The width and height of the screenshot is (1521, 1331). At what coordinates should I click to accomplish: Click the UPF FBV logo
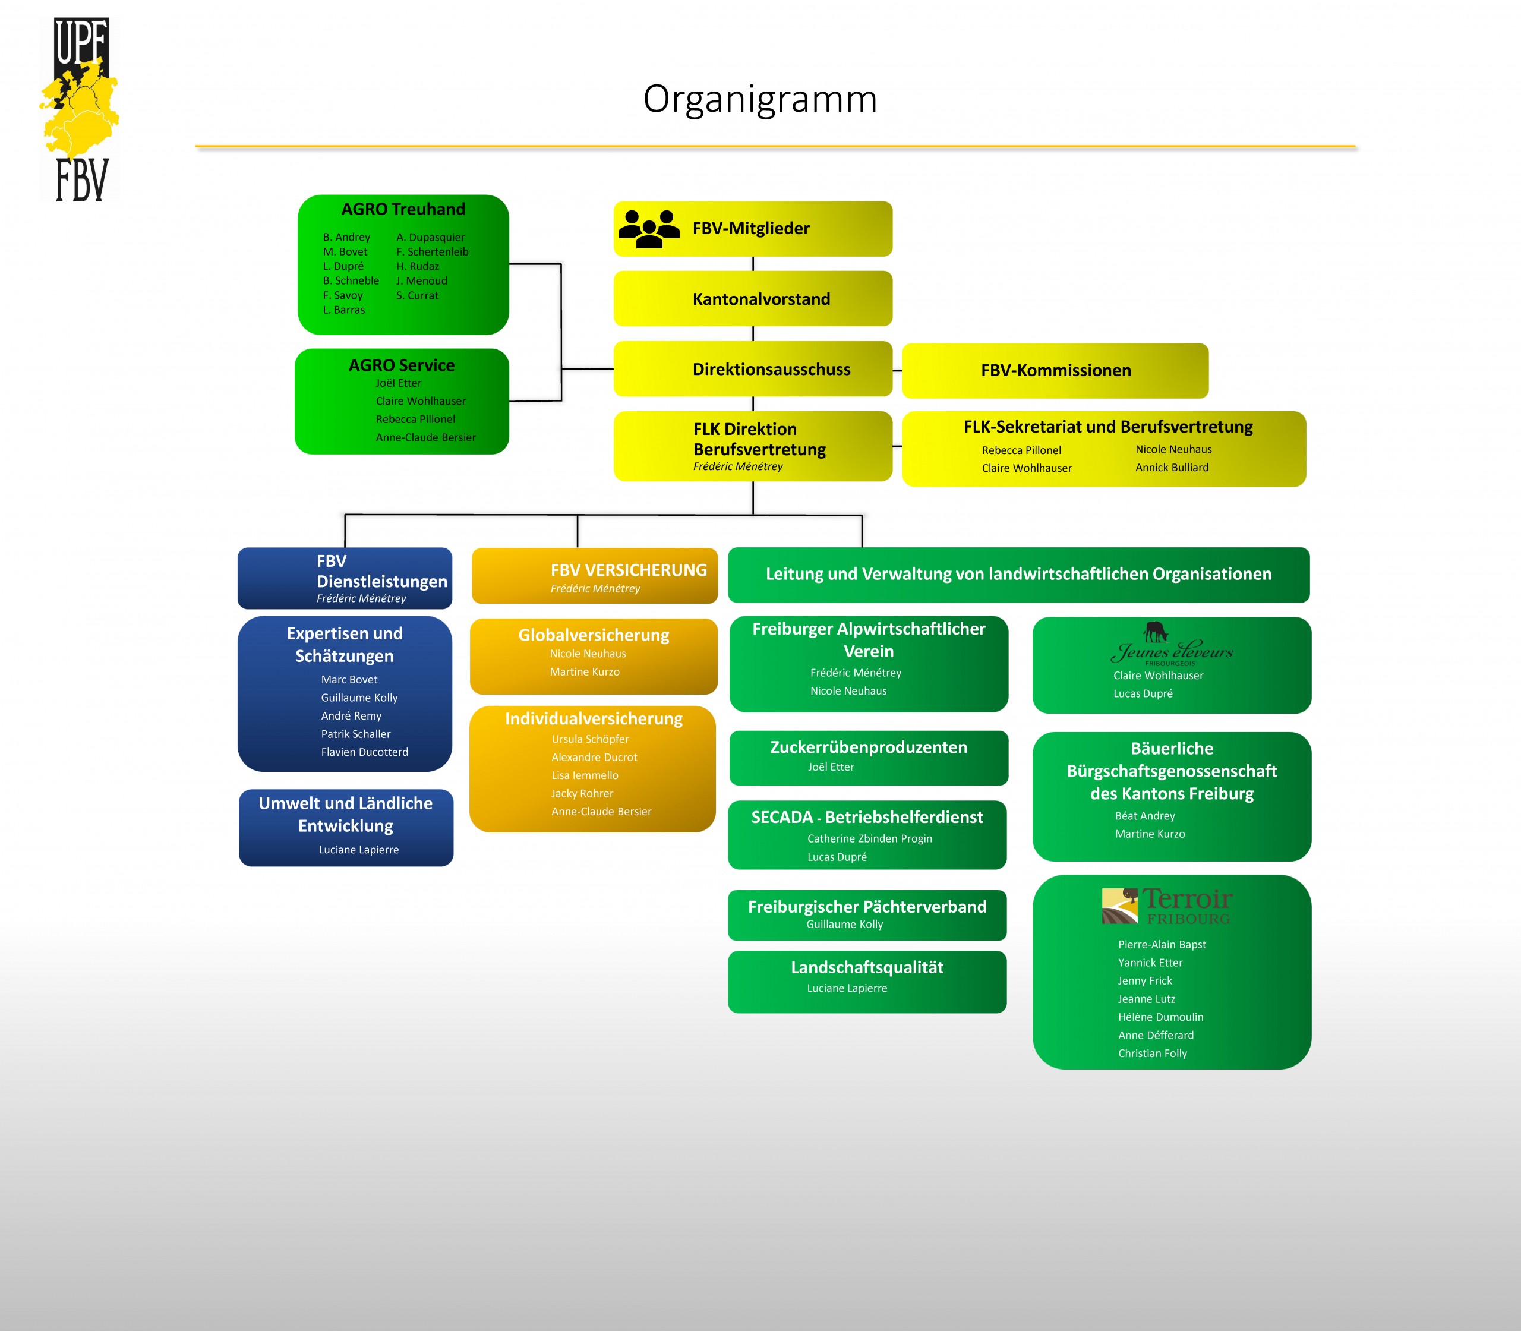pyautogui.click(x=80, y=110)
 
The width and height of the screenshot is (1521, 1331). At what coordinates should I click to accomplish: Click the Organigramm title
pyautogui.click(x=760, y=99)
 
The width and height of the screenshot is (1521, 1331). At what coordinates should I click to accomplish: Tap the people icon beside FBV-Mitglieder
pyautogui.click(x=648, y=229)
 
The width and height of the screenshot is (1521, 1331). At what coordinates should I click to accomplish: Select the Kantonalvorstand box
pyautogui.click(x=752, y=298)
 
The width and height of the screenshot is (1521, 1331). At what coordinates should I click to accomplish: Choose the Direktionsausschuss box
pyautogui.click(x=752, y=369)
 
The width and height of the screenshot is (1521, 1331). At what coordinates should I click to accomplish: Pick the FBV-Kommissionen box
pyautogui.click(x=1055, y=371)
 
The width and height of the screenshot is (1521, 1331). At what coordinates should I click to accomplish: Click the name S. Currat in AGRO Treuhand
pyautogui.click(x=416, y=296)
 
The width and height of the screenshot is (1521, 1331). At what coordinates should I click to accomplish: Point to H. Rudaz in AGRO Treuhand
pyautogui.click(x=417, y=267)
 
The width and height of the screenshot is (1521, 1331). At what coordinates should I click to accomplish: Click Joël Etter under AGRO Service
pyautogui.click(x=398, y=383)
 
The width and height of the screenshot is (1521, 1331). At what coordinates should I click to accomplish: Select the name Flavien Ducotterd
pyautogui.click(x=364, y=752)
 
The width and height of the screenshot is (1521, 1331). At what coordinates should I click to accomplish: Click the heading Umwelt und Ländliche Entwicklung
pyautogui.click(x=345, y=815)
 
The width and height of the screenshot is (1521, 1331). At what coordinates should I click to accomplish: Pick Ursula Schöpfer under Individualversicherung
pyautogui.click(x=589, y=740)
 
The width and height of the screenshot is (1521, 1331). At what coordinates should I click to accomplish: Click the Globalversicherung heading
pyautogui.click(x=594, y=636)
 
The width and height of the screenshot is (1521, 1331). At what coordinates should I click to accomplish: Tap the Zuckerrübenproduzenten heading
pyautogui.click(x=868, y=747)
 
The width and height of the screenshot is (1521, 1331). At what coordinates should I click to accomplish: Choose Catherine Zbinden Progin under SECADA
pyautogui.click(x=869, y=839)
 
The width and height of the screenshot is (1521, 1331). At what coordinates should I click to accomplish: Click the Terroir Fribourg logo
pyautogui.click(x=1166, y=906)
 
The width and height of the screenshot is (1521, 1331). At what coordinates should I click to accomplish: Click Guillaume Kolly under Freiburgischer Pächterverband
pyautogui.click(x=844, y=925)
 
